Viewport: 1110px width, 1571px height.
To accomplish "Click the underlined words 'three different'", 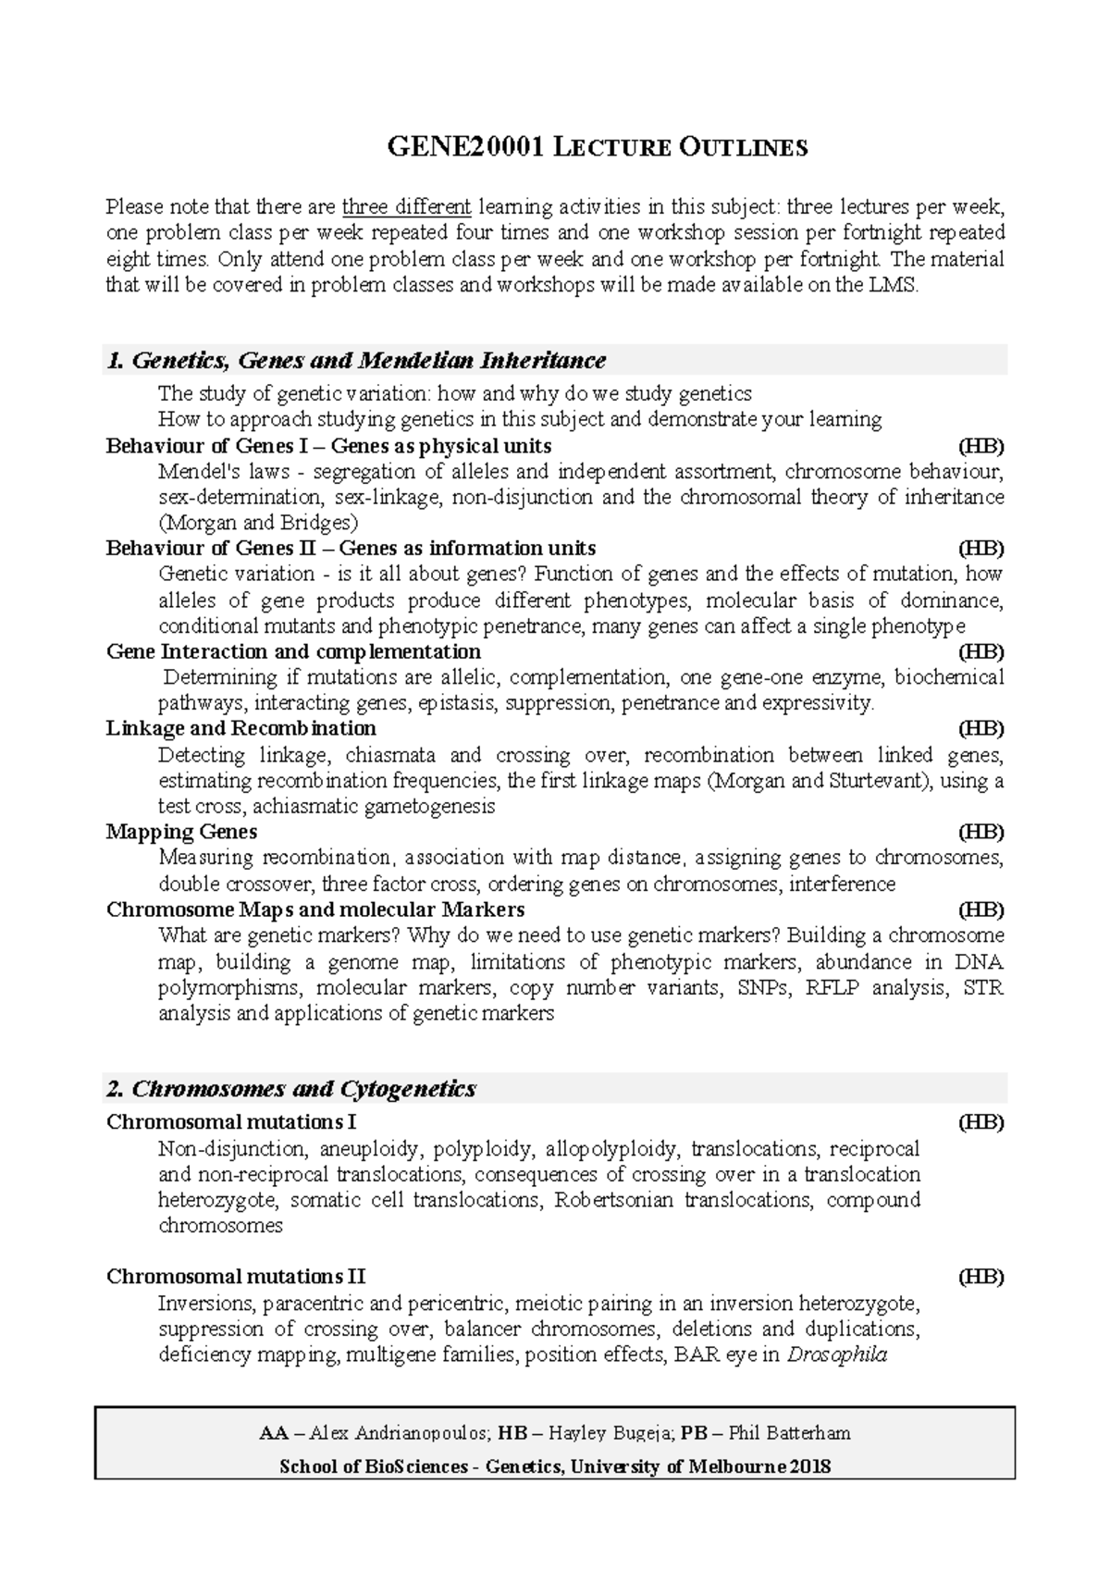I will (x=406, y=205).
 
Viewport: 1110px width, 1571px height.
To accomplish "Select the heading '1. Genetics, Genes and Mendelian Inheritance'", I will (x=356, y=360).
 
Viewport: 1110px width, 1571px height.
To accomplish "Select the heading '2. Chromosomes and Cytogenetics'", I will (x=291, y=1089).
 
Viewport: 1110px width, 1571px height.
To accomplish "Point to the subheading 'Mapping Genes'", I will (x=181, y=832).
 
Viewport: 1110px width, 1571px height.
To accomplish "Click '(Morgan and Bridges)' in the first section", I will (x=258, y=522).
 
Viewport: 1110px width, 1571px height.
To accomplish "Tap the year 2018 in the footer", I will (x=810, y=1466).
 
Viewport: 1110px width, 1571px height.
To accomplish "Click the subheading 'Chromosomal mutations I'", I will (x=231, y=1122).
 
